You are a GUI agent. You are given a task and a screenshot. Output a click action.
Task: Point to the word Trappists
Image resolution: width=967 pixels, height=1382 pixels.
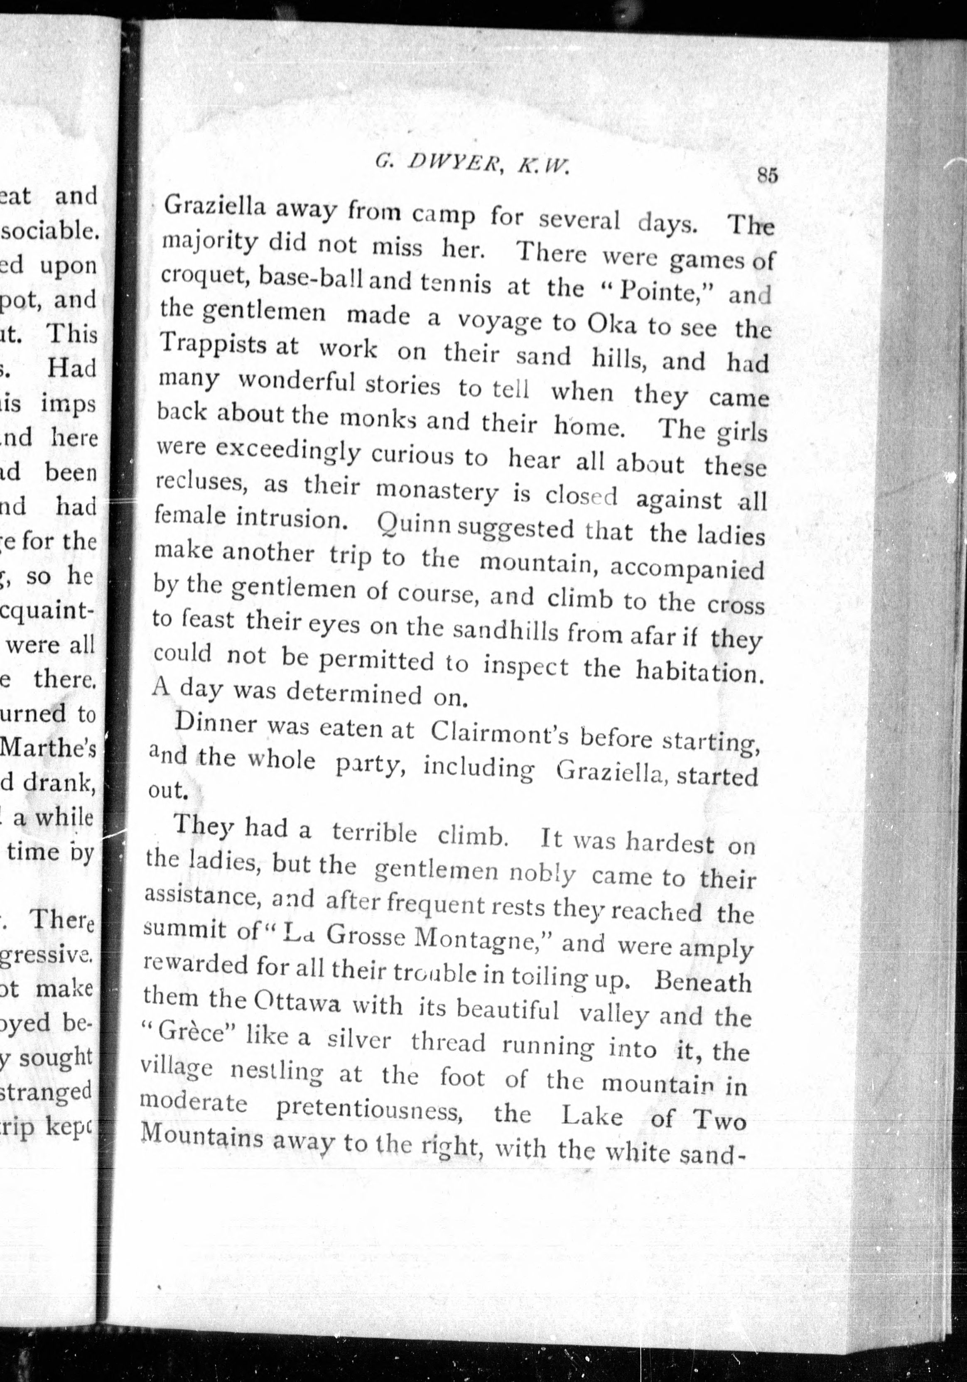(214, 344)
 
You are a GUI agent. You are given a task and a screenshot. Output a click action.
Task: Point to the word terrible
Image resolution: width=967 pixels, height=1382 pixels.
(374, 833)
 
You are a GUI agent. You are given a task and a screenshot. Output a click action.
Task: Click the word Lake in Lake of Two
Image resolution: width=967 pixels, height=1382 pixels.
(592, 1116)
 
